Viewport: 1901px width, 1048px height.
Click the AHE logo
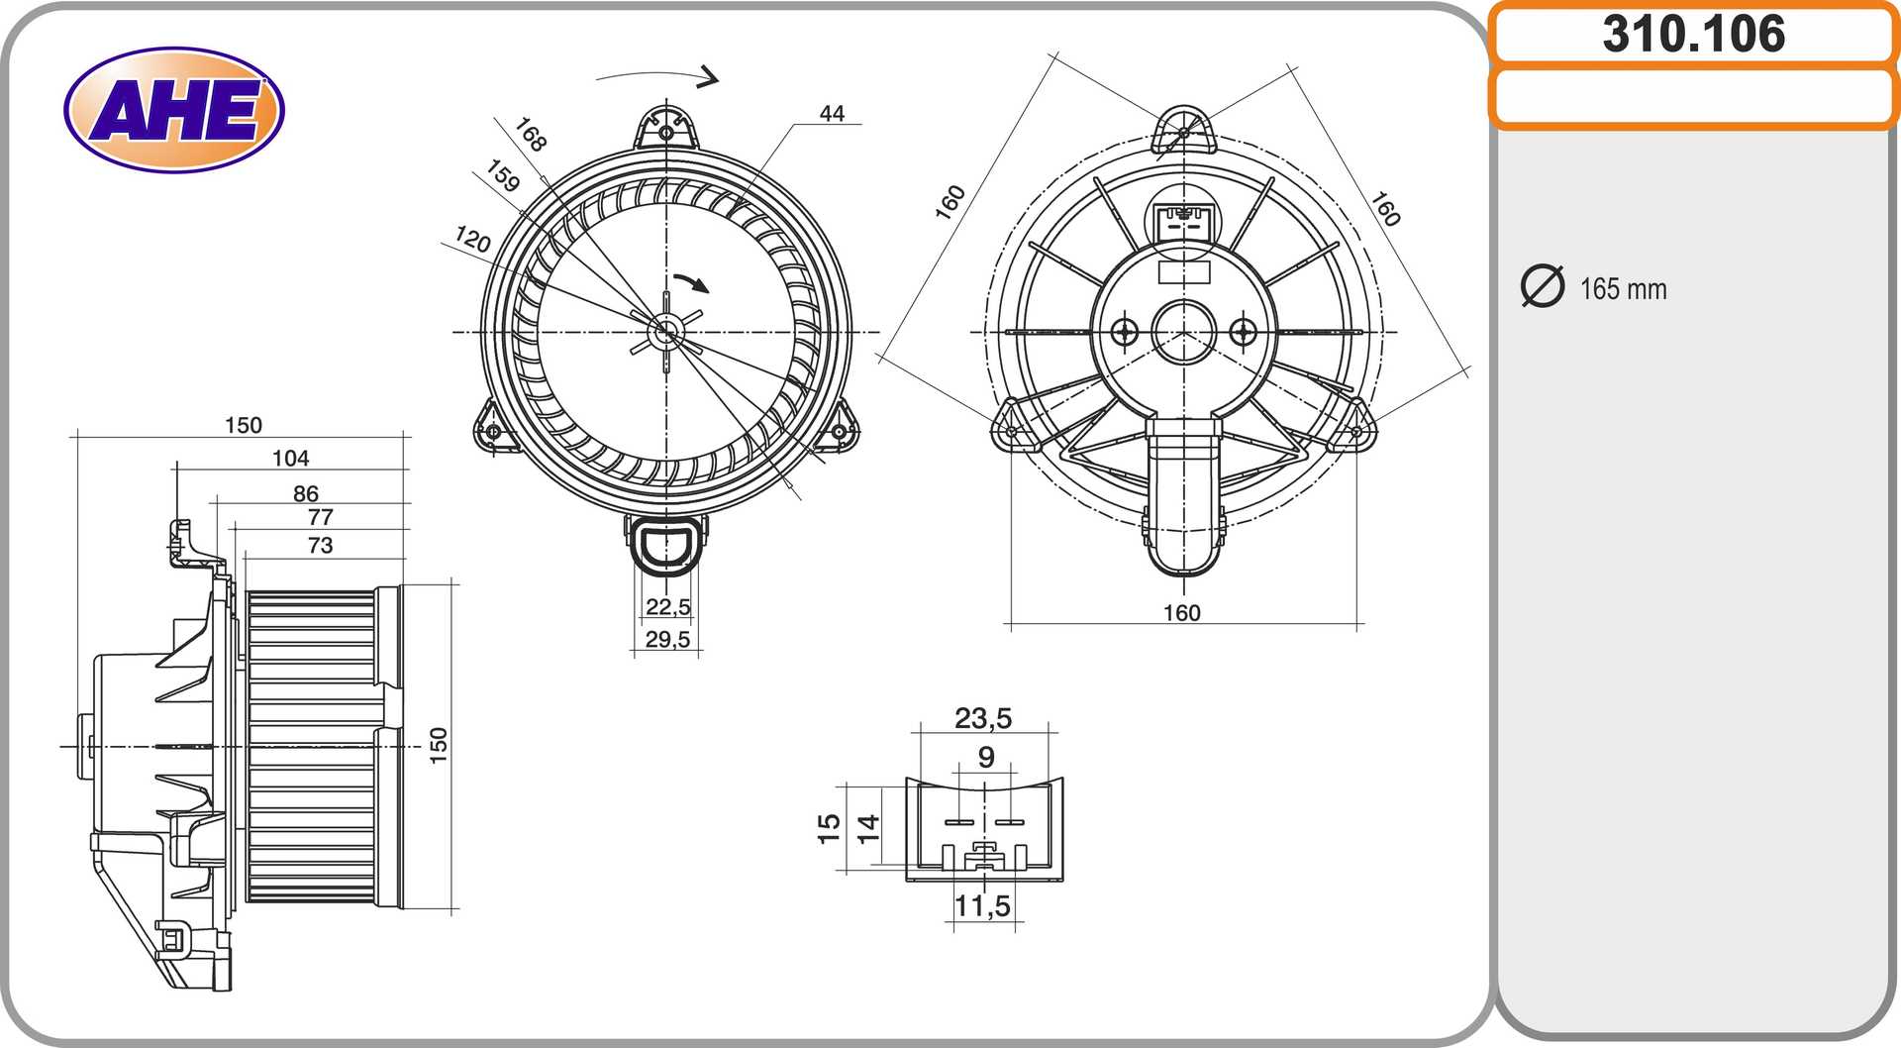coord(174,110)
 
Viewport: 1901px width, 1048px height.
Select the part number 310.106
coord(1694,34)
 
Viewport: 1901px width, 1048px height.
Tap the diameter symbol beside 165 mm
coord(1542,286)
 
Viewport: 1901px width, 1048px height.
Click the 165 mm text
coord(1624,289)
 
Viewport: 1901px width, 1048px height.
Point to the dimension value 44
coord(832,114)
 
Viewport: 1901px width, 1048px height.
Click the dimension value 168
coord(531,135)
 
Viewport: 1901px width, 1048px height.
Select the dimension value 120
coord(472,239)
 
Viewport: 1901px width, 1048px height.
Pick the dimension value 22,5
coord(668,606)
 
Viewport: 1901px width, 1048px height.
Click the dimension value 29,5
coord(668,639)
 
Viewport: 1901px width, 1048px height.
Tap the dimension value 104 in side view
coord(290,458)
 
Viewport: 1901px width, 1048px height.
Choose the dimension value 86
coord(306,493)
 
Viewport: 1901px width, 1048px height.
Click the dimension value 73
coord(320,545)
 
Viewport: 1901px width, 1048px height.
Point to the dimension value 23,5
coord(983,718)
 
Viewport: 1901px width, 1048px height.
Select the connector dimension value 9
coord(986,757)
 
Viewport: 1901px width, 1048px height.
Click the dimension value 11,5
coord(983,905)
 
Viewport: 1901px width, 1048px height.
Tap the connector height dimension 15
coord(829,828)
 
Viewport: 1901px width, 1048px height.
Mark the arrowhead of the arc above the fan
coord(708,76)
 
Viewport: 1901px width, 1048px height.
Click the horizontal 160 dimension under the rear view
coord(1182,613)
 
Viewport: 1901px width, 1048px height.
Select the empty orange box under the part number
coord(1694,97)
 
